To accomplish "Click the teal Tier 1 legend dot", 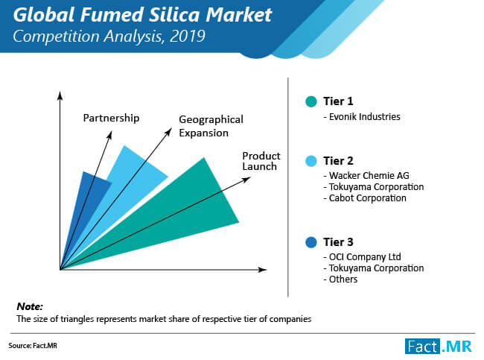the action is point(311,101).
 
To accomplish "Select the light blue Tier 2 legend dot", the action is point(311,161).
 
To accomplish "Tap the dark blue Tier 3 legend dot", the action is point(311,242).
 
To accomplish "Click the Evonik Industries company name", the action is point(365,117).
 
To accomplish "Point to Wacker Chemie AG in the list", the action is point(369,175).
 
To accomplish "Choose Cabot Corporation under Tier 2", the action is point(368,198).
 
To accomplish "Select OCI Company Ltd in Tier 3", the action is point(365,257).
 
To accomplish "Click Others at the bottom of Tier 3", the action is point(343,280).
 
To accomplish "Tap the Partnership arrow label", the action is point(111,119).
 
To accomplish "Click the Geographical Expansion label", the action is point(211,126).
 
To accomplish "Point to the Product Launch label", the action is point(261,161).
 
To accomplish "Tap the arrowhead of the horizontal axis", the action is point(263,270).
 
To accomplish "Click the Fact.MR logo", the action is point(439,346).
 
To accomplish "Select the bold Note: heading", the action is point(30,306).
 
